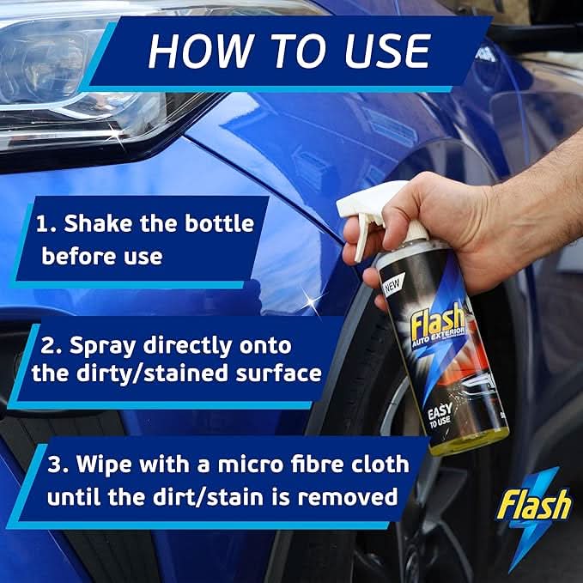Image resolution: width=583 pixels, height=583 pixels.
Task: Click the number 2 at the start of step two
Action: pos(48,346)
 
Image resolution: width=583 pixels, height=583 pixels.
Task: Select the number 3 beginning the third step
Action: pos(54,465)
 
